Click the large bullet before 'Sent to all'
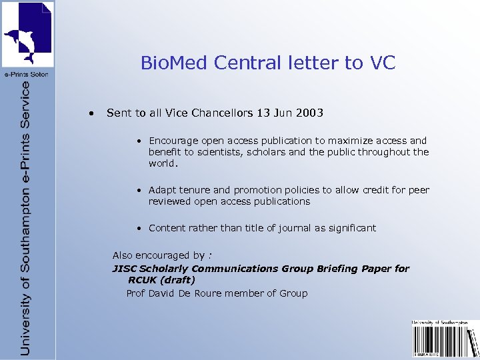(x=91, y=113)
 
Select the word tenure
(x=197, y=190)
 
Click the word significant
(x=351, y=228)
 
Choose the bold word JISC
(x=124, y=269)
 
